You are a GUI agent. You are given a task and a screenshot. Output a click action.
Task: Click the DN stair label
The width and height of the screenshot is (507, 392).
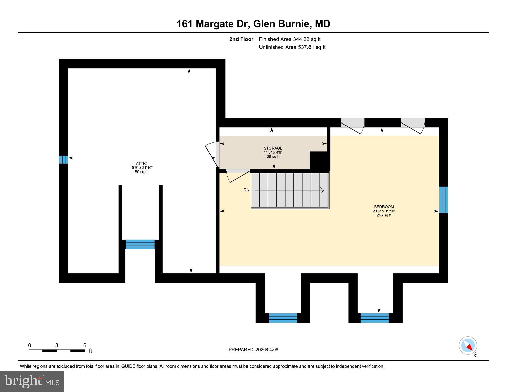[x=246, y=190]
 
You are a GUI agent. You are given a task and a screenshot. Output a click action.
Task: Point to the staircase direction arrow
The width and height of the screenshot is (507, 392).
[x=290, y=190]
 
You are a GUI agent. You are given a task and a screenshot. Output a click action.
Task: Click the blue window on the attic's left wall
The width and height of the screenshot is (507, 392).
[x=63, y=160]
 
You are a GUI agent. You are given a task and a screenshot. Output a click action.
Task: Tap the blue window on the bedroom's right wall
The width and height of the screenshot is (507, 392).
[x=443, y=200]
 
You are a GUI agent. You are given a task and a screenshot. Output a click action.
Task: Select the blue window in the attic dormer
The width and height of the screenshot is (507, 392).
[x=140, y=244]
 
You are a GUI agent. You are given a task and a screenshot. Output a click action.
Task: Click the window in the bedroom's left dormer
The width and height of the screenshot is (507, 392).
[x=283, y=318]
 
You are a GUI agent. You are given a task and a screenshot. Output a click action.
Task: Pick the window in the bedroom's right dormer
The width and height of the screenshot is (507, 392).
[x=374, y=318]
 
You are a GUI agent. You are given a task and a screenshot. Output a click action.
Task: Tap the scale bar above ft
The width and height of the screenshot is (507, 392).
[x=57, y=351]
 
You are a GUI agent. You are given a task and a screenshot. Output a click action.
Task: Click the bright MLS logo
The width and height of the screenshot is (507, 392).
[x=32, y=381]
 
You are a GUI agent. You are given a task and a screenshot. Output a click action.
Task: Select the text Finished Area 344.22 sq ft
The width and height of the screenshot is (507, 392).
[x=290, y=39]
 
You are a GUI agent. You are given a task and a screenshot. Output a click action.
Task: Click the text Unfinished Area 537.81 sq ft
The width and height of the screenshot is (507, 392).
[x=292, y=47]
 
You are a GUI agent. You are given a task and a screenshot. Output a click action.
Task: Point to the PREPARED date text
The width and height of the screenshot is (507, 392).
[x=253, y=350]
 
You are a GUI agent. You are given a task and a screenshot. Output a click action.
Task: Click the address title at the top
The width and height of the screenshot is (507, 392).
[x=253, y=24]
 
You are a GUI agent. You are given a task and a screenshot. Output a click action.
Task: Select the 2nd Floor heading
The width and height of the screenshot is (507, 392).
[x=241, y=39]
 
